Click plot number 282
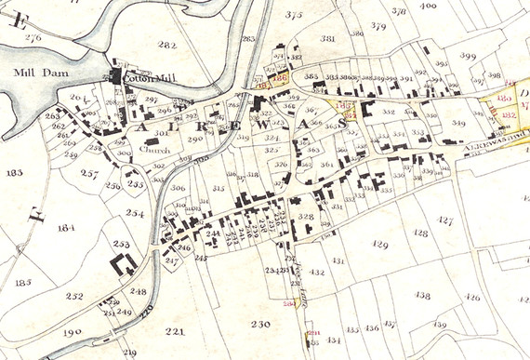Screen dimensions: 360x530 166,45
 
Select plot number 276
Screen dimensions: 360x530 34,37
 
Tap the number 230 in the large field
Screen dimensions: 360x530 259,324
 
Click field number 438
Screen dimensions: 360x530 422,295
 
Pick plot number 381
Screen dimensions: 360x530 327,38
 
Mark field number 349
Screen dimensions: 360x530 458,123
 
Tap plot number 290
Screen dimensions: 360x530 194,139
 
